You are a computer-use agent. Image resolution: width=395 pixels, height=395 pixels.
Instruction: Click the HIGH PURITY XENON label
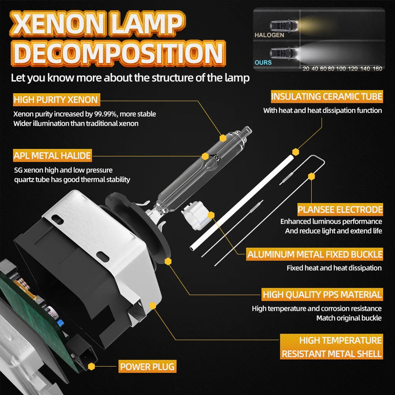coord(56,100)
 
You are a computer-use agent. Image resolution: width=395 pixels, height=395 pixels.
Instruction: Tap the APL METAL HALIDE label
coord(52,156)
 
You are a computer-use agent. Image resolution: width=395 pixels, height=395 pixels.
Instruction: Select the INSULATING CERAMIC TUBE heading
coord(327,96)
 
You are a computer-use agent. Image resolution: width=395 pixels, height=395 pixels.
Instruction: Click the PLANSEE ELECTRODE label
coord(340,209)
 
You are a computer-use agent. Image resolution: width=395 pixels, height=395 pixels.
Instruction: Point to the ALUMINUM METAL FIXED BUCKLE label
coord(315,254)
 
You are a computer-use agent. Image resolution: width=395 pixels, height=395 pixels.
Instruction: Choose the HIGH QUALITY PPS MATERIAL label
coord(322,294)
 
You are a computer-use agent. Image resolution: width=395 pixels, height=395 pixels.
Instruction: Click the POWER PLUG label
coord(147,367)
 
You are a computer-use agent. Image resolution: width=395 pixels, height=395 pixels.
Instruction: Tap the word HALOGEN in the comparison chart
coord(269,35)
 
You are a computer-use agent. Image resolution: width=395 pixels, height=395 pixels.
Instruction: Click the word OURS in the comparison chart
coord(263,62)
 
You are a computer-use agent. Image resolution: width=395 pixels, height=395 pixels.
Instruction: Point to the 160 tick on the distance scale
coord(377,69)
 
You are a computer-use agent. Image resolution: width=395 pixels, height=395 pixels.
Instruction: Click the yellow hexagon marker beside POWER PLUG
coord(92,367)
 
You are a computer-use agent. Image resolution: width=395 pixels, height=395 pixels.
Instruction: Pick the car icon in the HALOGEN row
coord(279,26)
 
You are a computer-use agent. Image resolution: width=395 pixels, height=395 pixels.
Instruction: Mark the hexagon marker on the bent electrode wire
coord(312,176)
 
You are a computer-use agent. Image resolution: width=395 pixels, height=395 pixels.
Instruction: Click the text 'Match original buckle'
coord(349,318)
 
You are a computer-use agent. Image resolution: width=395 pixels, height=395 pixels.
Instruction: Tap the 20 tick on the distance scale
coord(306,69)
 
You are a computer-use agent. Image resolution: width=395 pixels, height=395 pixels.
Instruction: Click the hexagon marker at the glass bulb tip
coord(223,138)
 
